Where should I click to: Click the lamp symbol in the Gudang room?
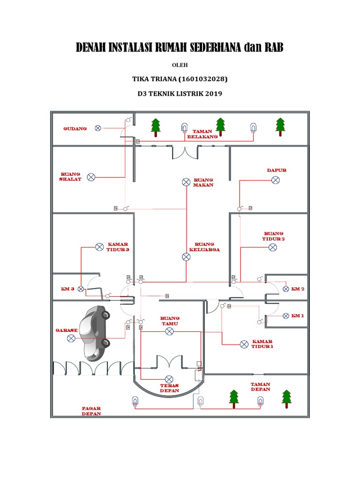(x=98, y=128)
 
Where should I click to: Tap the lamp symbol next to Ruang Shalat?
(x=91, y=177)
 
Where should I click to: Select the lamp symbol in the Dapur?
(x=276, y=180)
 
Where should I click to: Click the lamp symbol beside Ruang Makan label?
(x=186, y=182)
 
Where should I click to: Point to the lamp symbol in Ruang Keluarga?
(x=186, y=256)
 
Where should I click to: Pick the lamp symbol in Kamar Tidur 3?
(x=99, y=247)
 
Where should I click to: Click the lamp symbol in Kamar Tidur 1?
(x=244, y=344)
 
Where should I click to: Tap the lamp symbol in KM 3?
(x=81, y=289)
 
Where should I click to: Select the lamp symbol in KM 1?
(x=285, y=315)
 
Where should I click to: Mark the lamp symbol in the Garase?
(x=71, y=338)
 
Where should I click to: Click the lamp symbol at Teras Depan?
(x=169, y=379)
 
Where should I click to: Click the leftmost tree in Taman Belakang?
(x=155, y=127)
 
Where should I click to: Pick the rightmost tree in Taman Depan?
(x=286, y=398)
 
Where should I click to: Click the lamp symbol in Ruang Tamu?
(x=169, y=331)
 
